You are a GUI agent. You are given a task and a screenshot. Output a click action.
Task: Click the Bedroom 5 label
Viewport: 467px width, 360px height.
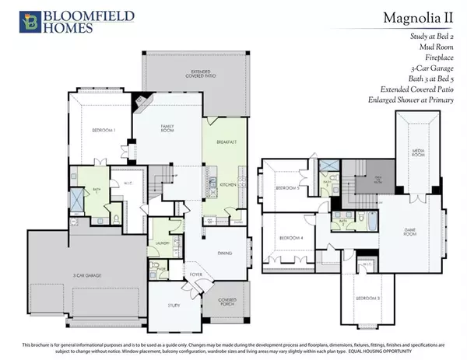coord(287,187)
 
